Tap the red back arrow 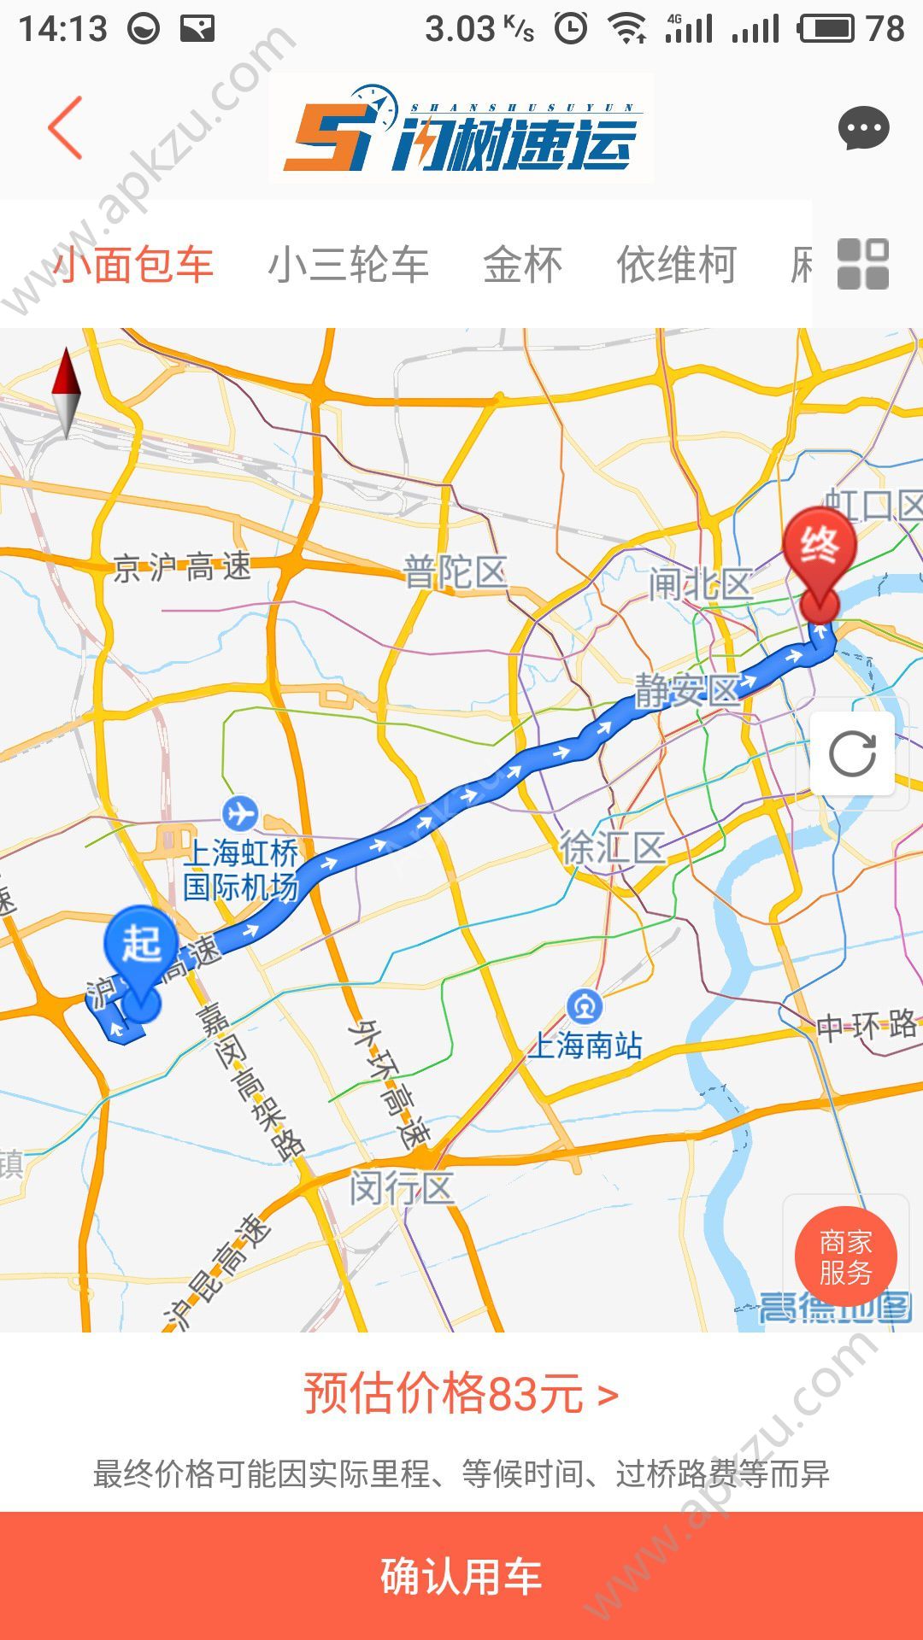coord(65,128)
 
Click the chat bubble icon coord(863,129)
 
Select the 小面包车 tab coord(133,265)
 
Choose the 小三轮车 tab coord(348,265)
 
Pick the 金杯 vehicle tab coord(522,265)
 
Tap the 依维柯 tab coord(676,265)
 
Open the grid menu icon coord(863,264)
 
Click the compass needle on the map coord(66,392)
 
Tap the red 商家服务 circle coord(845,1257)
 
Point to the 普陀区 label coord(455,571)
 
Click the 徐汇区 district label coord(612,848)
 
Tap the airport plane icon coord(240,811)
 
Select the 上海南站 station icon coord(585,1006)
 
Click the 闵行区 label coord(401,1188)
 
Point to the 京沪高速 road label coord(182,567)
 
